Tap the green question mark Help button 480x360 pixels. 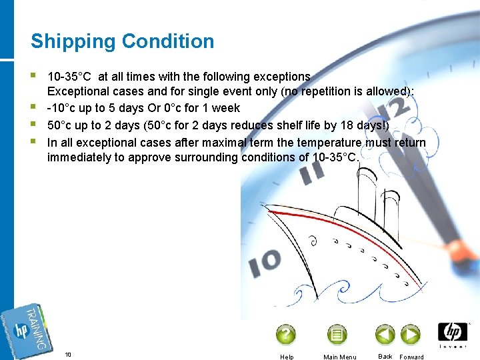tap(286, 334)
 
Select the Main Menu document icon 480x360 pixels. tap(337, 334)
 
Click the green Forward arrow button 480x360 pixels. tap(410, 334)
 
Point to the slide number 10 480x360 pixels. tap(68, 354)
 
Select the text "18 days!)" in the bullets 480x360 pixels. tap(366, 125)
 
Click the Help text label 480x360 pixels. tap(287, 357)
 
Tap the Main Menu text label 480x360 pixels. tap(339, 357)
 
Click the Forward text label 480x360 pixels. tap(411, 357)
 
